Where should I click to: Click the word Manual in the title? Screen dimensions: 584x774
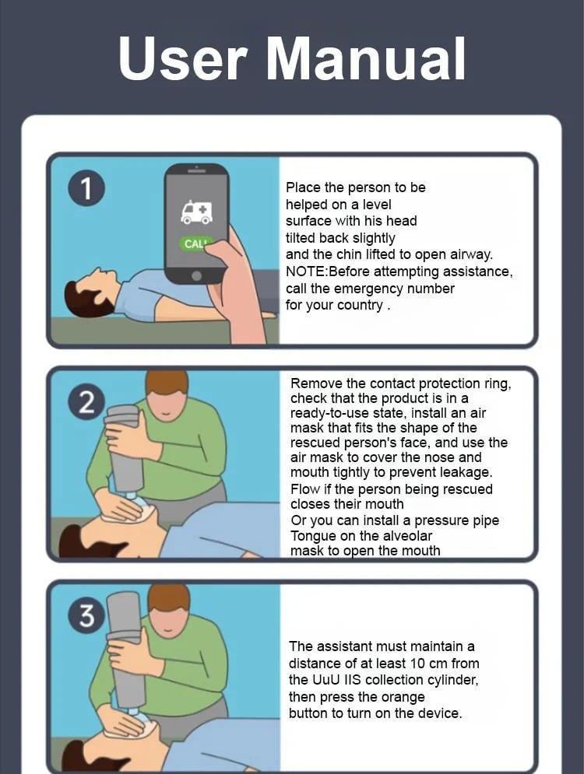click(366, 59)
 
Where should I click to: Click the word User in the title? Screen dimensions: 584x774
click(182, 59)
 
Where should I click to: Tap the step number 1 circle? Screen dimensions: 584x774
click(86, 188)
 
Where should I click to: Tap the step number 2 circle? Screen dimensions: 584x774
click(86, 402)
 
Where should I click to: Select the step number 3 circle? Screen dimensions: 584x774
click(86, 615)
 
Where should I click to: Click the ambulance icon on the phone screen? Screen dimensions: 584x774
click(196, 212)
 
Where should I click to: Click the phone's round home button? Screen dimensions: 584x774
click(196, 275)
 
